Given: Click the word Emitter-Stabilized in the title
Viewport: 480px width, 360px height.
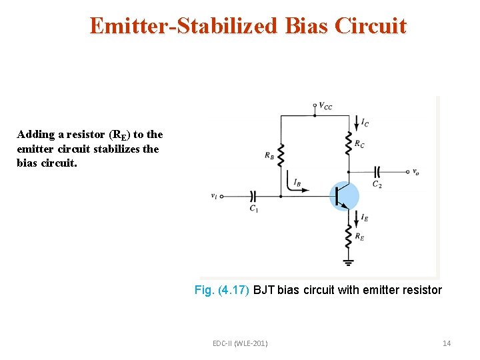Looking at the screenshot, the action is pos(184,26).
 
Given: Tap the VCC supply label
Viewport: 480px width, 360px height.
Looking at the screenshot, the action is pos(326,105).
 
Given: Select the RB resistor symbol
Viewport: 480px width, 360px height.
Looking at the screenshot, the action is pos(281,156).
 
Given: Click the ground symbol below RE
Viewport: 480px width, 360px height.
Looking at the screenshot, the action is pos(347,262).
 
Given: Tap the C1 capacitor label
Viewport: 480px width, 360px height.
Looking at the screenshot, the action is pos(253,209).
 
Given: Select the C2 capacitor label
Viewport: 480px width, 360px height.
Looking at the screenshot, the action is pos(377,184).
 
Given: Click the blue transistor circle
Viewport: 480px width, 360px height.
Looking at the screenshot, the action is pos(344,196).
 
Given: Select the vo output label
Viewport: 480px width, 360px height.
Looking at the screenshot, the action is pos(416,172).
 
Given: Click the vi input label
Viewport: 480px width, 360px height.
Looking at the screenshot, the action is pos(213,196).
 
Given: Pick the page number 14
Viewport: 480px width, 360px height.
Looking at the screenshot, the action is pos(447,343).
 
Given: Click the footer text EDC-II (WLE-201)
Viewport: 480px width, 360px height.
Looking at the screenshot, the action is pos(240,343).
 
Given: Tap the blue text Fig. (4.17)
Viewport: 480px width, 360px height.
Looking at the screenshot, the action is pos(222,290).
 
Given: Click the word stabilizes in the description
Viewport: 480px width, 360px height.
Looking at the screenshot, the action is pos(132,149).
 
